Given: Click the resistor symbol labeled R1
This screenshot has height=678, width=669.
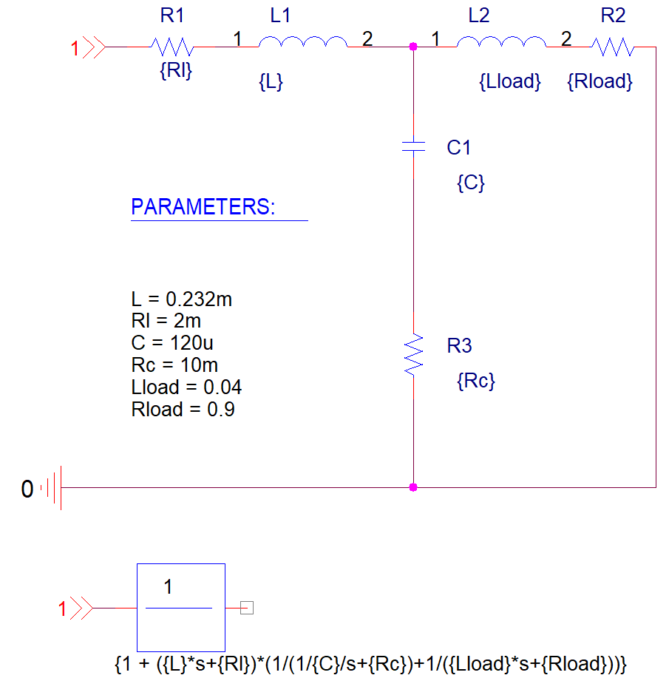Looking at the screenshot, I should (172, 47).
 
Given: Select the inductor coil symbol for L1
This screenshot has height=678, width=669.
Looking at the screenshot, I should (302, 44).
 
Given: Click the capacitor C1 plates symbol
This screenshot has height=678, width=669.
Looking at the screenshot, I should (413, 145).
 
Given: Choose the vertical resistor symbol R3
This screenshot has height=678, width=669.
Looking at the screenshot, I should (413, 353).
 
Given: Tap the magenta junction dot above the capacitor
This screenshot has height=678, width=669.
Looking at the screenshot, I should (413, 47).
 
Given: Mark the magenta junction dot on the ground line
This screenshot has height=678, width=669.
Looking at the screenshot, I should (413, 487).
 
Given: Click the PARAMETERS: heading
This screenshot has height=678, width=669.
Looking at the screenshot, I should (202, 207).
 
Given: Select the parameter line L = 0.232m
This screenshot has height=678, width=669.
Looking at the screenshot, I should (182, 299).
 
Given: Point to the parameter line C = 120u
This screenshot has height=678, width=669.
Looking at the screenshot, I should (172, 343).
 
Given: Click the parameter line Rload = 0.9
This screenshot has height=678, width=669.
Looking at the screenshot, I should (183, 410).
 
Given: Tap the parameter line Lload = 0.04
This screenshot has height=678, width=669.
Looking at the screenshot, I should (186, 387).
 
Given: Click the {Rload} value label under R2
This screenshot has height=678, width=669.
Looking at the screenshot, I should (600, 82).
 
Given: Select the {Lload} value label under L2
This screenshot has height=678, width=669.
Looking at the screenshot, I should (510, 82).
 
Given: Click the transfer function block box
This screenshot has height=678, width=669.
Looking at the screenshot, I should (180, 604).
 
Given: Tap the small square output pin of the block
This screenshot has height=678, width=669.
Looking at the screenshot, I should (248, 608).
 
